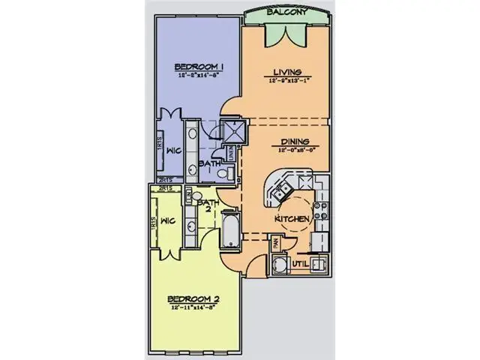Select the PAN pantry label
pyautogui.click(x=275, y=242)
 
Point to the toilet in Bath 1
pyautogui.click(x=222, y=174)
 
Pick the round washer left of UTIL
pyautogui.click(x=280, y=265)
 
